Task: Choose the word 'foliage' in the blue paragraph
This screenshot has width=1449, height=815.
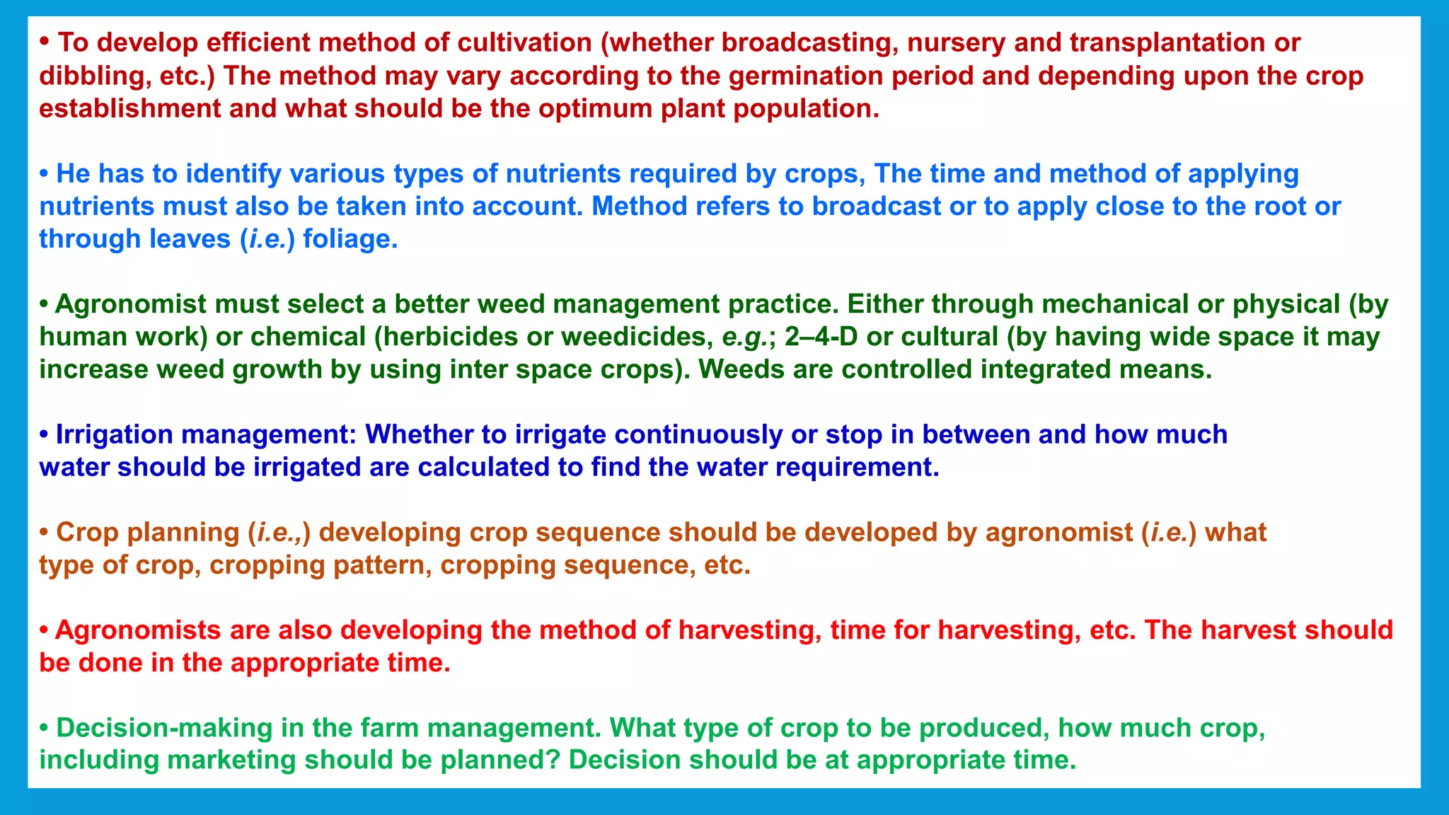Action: [346, 239]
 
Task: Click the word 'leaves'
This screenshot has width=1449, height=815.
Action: [190, 239]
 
